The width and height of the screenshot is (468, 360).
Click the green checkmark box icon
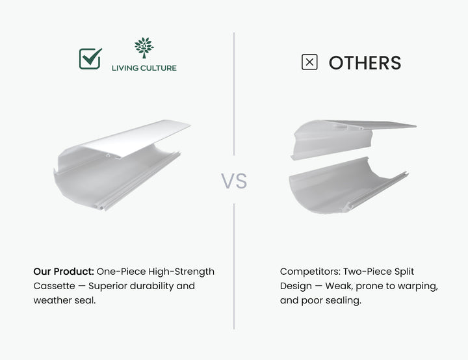click(x=90, y=58)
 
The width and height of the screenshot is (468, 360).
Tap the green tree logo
click(x=144, y=47)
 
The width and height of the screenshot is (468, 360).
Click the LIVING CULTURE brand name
click(x=144, y=68)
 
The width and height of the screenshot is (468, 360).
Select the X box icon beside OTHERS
click(x=309, y=62)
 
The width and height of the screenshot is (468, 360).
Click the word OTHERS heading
click(x=365, y=62)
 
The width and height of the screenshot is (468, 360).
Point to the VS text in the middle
click(x=234, y=181)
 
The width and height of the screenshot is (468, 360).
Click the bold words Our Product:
click(x=64, y=272)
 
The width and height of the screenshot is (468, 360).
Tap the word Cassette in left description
click(x=54, y=286)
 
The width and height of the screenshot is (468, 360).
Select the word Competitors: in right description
click(x=310, y=272)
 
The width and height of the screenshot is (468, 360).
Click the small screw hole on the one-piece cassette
click(x=108, y=155)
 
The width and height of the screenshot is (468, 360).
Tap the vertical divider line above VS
click(x=234, y=94)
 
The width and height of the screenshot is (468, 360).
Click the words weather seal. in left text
click(x=64, y=300)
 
